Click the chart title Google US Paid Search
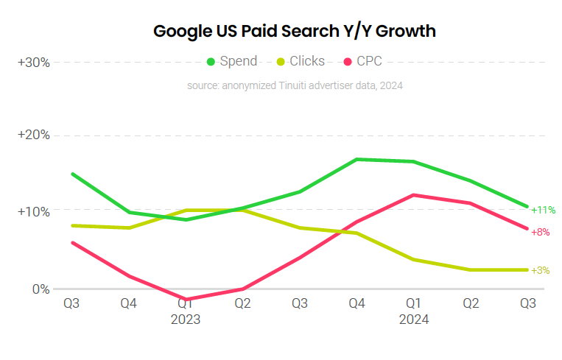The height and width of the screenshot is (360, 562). [294, 31]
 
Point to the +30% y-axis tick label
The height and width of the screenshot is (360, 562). [34, 62]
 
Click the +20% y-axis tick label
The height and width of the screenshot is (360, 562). [34, 135]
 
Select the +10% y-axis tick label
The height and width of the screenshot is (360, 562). [34, 212]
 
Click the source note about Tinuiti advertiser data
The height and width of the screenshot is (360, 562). [295, 85]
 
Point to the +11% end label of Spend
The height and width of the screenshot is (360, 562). [543, 211]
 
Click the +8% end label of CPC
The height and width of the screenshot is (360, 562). [541, 232]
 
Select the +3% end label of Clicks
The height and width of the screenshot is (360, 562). [541, 270]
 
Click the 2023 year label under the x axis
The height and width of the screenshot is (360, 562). [185, 320]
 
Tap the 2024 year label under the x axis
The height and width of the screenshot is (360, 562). [413, 320]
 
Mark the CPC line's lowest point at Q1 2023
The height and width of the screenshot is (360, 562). [186, 300]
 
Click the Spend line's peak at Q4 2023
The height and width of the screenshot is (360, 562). [356, 159]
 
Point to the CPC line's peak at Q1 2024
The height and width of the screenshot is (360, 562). [413, 195]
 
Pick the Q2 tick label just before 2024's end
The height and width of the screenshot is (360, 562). [471, 303]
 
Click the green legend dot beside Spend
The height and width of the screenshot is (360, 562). [211, 61]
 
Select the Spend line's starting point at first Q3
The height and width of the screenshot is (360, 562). [71, 174]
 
